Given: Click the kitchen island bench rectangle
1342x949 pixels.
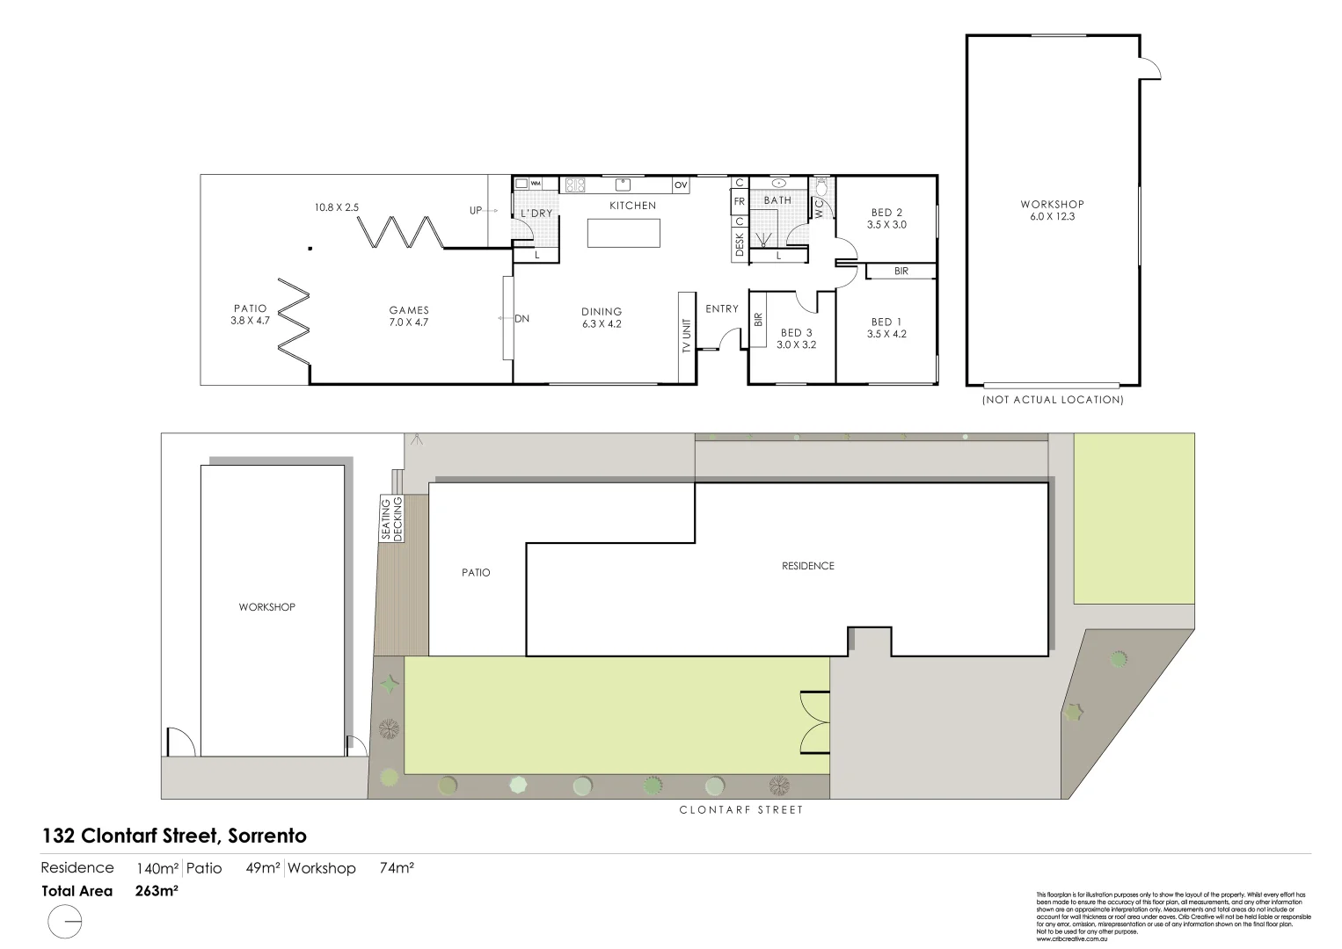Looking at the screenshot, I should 624,233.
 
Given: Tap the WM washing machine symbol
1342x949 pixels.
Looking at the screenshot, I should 535,184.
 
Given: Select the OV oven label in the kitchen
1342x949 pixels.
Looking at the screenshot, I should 681,185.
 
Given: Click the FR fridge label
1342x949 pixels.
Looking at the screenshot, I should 740,201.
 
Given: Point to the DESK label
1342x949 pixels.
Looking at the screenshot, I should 739,243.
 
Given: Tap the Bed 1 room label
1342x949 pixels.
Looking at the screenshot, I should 886,322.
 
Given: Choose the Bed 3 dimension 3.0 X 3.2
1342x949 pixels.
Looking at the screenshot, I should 796,345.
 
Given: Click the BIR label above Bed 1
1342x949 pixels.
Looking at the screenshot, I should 901,272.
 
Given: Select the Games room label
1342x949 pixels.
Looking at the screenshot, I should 409,309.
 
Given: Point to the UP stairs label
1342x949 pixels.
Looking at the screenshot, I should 476,211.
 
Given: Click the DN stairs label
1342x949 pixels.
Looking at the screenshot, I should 521,319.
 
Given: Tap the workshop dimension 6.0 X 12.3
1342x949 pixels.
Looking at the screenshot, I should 1052,216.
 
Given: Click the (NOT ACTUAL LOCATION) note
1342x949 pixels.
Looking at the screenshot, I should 1053,400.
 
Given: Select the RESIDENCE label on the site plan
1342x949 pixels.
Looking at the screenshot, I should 807,566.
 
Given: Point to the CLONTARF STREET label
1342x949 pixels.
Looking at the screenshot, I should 741,810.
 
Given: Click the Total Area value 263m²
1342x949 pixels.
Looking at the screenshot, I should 157,891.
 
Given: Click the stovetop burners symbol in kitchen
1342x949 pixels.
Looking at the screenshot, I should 574,185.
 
